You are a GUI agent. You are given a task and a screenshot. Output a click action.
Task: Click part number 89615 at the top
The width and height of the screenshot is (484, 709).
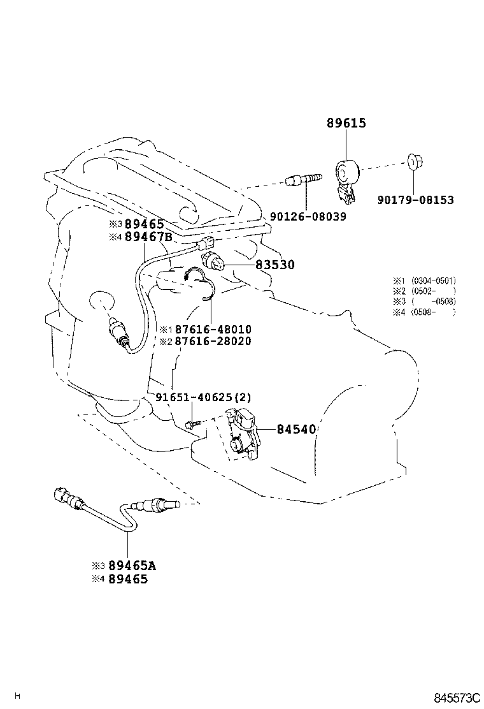(x=346, y=123)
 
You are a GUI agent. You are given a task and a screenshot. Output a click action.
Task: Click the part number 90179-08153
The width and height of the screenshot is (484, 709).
(x=415, y=200)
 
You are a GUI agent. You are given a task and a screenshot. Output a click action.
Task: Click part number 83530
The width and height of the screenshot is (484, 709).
(x=275, y=265)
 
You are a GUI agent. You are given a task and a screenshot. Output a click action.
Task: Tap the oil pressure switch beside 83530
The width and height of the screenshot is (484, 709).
(x=212, y=261)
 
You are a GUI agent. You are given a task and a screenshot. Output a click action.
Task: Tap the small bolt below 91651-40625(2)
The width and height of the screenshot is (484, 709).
(x=191, y=424)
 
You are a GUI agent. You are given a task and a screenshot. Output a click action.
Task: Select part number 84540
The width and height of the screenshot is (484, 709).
(x=296, y=429)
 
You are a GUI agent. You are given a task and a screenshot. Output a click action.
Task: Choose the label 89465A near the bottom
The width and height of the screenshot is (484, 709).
(x=132, y=566)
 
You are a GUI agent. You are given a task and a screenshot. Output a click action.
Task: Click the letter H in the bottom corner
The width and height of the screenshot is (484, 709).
(x=18, y=695)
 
